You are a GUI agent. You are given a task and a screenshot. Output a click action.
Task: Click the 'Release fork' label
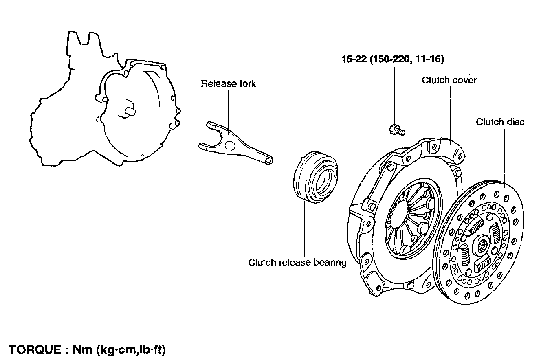pos(228,83)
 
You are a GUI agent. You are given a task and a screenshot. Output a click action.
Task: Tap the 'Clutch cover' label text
pos(449,80)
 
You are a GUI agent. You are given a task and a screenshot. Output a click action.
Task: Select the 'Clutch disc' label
pos(500,122)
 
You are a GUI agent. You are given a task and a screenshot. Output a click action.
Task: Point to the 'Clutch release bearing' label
pos(297,262)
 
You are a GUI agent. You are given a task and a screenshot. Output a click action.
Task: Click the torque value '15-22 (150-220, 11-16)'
pos(392,59)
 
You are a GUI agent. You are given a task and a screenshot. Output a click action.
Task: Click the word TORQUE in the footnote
pos(34,349)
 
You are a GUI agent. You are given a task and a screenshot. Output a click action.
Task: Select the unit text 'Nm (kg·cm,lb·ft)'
pos(119,349)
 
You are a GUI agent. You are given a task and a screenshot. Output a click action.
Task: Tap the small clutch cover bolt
pos(396,130)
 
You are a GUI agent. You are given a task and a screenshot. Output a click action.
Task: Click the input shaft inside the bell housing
pos(130,110)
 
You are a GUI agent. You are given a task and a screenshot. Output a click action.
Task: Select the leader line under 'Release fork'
pos(229,110)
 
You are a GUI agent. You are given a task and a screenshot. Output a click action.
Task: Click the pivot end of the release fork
pos(267,161)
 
